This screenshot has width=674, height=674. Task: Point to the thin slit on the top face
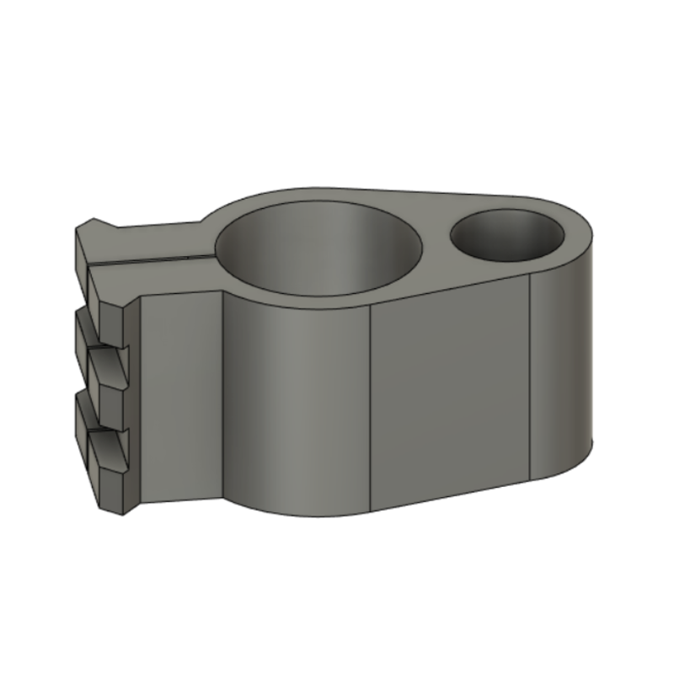pos(152,261)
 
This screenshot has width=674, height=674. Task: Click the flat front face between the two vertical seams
pos(451,388)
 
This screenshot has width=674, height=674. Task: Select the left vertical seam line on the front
pos(372,404)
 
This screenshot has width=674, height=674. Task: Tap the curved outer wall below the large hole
pos(295,404)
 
